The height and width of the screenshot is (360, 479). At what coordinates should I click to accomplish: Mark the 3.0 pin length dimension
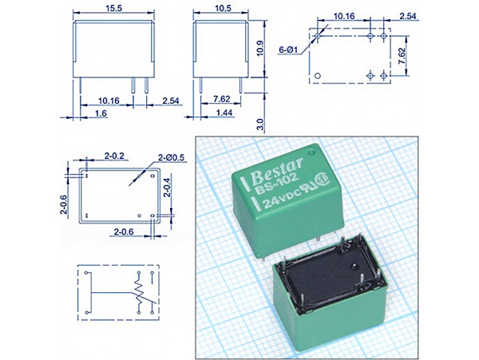click(x=259, y=125)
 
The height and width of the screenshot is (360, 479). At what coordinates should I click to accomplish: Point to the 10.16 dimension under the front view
click(x=110, y=101)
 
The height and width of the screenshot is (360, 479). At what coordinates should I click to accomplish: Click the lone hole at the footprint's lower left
click(x=319, y=77)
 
